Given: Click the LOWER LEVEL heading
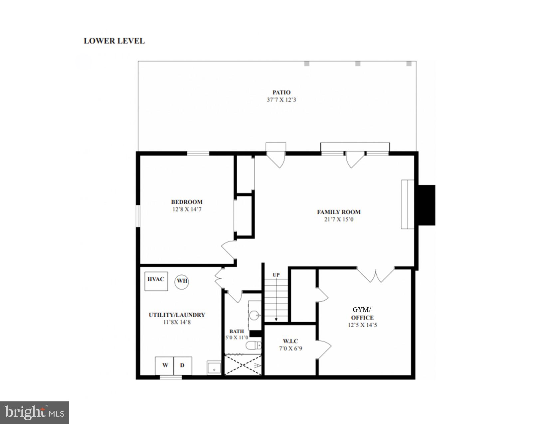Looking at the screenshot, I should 114,41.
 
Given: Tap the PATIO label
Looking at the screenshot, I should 281,92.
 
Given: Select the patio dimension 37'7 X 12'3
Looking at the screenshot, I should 281,100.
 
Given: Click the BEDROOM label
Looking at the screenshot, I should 187,202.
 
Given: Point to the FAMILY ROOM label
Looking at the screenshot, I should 339,212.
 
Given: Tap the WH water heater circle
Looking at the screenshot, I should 182,281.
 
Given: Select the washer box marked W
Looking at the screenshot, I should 165,365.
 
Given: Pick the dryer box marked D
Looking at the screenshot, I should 183,365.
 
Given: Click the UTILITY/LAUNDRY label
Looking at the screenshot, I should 177,315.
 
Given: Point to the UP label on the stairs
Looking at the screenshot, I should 276,275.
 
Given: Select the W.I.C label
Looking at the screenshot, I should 290,341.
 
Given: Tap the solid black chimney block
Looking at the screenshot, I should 427,205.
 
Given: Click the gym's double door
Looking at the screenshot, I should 376,275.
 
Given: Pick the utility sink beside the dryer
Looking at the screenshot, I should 214,368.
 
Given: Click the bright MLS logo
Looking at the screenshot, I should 34,413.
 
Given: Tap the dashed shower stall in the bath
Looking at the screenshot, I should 243,365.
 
